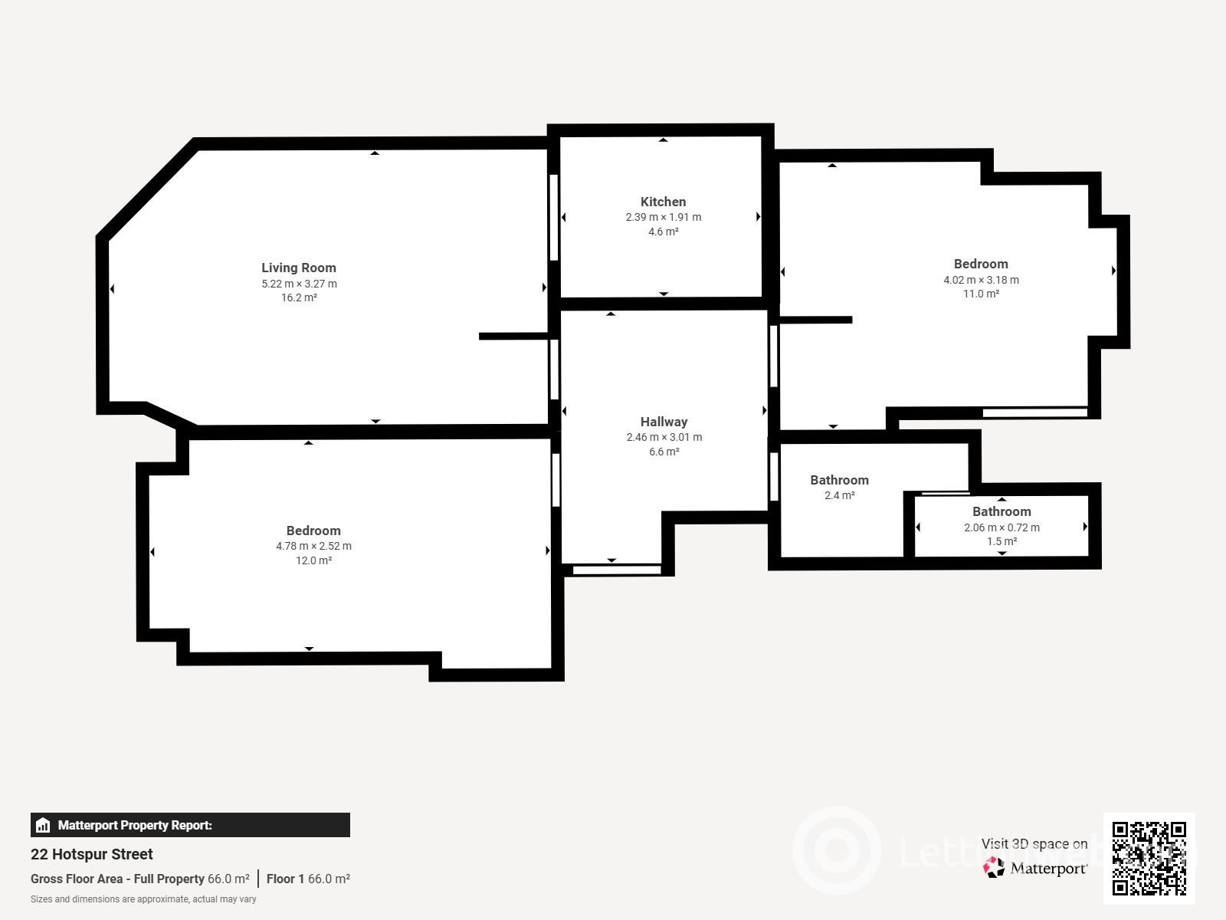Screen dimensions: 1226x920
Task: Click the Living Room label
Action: tap(299, 268)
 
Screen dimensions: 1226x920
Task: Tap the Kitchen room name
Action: tap(663, 202)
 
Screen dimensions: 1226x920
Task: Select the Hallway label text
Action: tap(664, 422)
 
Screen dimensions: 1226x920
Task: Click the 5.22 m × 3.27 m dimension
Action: tap(300, 284)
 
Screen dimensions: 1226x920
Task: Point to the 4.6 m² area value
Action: tap(663, 232)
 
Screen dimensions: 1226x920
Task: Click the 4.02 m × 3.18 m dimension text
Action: tap(982, 280)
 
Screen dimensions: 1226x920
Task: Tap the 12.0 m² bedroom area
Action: tap(313, 560)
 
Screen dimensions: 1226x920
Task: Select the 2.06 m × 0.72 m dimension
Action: tap(1002, 527)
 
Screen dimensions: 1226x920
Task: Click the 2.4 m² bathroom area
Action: tap(840, 495)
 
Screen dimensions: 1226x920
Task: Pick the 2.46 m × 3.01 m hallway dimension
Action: tap(664, 437)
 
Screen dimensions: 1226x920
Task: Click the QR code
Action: tap(1149, 858)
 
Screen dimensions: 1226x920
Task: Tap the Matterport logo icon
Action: tap(994, 868)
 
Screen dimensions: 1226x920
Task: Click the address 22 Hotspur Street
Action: tap(92, 854)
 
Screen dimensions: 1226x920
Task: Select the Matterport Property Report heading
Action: tap(135, 825)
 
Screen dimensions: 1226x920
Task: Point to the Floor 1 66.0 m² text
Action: tap(308, 879)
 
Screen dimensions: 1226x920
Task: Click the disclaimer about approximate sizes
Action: tap(143, 899)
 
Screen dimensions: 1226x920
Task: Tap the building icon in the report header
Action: tap(43, 825)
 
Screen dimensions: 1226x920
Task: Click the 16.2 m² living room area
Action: tap(299, 297)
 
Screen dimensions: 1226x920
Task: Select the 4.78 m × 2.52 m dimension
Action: tap(314, 546)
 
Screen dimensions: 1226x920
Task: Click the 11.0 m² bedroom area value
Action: tap(981, 294)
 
